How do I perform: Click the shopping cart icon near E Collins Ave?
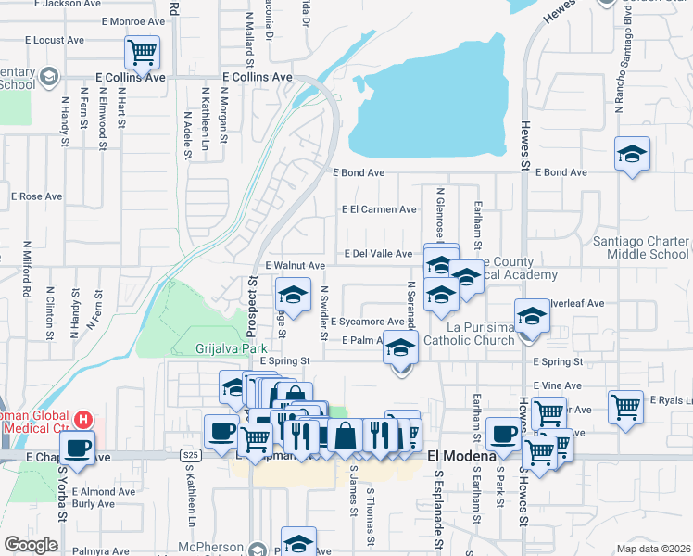coord(143,53)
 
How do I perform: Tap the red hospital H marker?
coord(83,420)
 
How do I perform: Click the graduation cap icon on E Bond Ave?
coord(632,154)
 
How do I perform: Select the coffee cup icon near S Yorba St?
coord(78,449)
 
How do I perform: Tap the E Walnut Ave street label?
coord(295,266)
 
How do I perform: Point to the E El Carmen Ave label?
coord(379,210)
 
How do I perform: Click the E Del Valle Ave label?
coord(378,254)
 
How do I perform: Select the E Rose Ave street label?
coord(36,196)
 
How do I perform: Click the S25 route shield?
coord(191,455)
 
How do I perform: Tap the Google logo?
coord(31,545)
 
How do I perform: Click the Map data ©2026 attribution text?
coord(653,549)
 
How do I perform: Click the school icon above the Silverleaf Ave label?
coord(533,316)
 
